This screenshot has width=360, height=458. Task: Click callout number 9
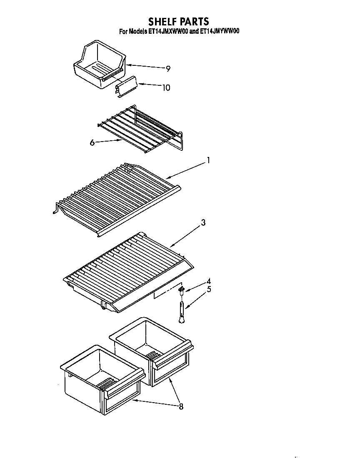pos(167,69)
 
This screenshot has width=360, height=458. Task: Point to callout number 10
pos(166,88)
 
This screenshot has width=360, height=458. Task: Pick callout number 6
pos(92,143)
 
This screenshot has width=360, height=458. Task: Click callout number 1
pos(208,160)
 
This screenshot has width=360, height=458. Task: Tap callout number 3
pos(203,223)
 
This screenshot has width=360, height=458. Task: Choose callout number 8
pos(180,406)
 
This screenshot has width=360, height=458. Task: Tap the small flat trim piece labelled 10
pos(126,88)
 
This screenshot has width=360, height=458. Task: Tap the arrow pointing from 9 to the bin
pos(144,67)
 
